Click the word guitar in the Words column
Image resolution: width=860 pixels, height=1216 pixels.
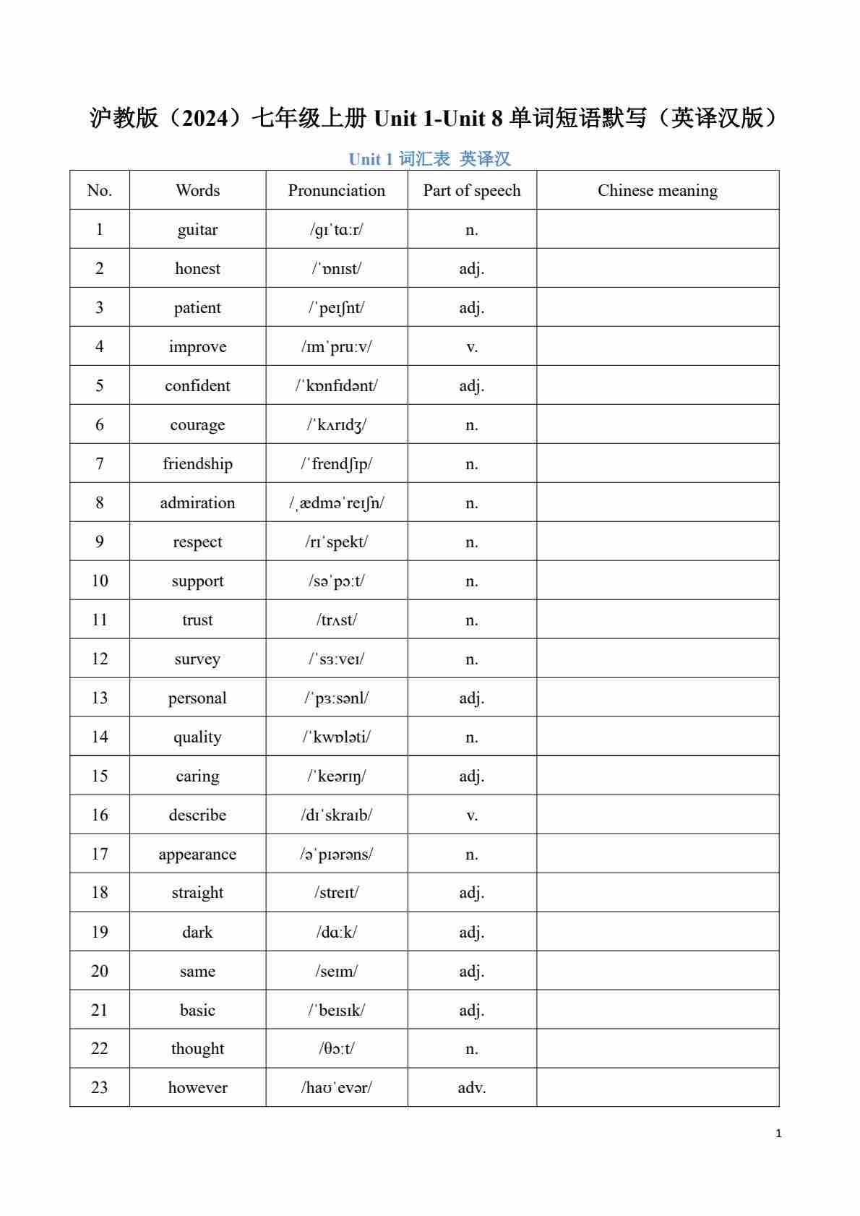pos(197,230)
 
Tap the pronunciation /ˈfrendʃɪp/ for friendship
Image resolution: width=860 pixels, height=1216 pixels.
pos(336,464)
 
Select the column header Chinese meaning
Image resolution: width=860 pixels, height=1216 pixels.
pos(657,191)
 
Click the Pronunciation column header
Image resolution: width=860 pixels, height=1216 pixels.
pos(336,191)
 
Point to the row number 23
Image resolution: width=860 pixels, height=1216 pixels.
pos(100,1087)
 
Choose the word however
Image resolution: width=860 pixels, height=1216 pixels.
pos(197,1087)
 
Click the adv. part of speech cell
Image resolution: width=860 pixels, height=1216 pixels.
pos(471,1087)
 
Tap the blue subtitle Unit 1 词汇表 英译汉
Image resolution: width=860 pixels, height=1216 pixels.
pos(429,159)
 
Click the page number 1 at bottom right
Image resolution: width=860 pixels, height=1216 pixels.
pos(778,1134)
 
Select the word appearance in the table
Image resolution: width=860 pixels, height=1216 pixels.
pos(197,854)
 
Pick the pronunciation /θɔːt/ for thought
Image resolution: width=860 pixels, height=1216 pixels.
pos(336,1048)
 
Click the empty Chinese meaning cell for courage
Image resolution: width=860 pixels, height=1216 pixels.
pos(657,424)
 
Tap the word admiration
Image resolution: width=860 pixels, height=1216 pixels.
pos(197,503)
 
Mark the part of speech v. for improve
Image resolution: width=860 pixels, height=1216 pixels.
pos(471,347)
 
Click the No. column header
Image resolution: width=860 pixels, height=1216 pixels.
pos(100,191)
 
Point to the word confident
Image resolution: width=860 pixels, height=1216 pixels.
pos(197,386)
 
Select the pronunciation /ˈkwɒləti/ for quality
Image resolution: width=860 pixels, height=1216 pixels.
pos(336,737)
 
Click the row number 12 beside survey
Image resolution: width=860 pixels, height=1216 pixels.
pos(100,659)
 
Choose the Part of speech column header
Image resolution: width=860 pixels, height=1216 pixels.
pos(471,191)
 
